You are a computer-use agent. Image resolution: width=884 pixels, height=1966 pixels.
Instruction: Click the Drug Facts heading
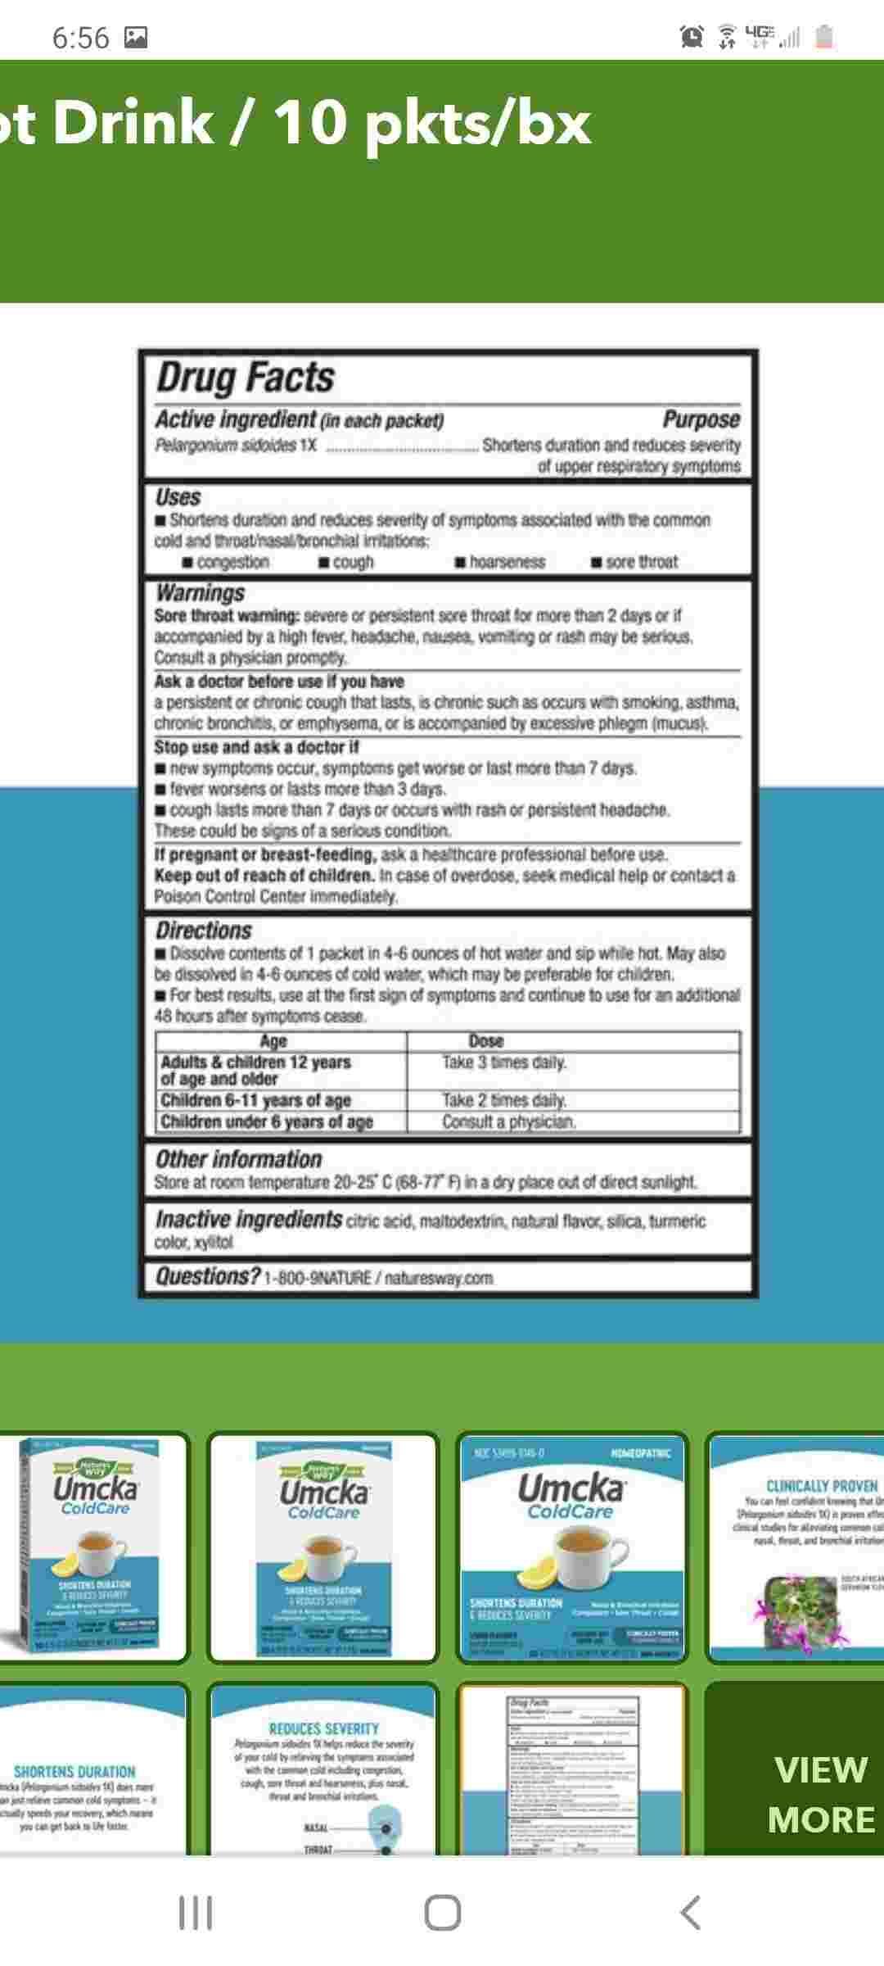coord(246,378)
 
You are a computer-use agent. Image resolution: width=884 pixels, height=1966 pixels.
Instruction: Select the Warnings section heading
coord(201,592)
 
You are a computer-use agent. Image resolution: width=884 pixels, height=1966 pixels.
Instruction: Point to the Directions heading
coord(204,931)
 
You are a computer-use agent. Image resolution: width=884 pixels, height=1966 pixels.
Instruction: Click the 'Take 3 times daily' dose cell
coord(504,1062)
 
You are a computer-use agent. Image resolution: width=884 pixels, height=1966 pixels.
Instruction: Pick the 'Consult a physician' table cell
coord(509,1121)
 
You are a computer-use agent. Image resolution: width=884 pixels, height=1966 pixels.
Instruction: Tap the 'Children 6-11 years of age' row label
coord(255,1100)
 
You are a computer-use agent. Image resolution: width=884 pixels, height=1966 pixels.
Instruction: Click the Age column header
coord(273,1041)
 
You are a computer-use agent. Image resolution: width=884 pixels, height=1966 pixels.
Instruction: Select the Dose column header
coord(486,1041)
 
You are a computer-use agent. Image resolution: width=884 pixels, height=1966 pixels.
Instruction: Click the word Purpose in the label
coord(701,419)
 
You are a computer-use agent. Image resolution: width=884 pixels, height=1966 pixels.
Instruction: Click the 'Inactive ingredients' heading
coord(249,1220)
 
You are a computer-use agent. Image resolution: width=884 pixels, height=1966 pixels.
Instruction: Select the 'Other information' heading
coord(239,1159)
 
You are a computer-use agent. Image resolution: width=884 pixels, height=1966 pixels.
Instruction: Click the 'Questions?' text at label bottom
coord(208,1276)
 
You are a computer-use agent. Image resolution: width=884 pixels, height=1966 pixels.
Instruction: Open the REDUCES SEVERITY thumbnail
coord(323,1769)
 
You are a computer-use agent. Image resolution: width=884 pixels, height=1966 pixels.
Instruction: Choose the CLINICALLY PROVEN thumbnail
coord(794,1547)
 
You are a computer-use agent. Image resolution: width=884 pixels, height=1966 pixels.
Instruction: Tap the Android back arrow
coord(690,1914)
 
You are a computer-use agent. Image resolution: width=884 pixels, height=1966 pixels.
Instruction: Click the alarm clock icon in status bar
coord(692,36)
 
